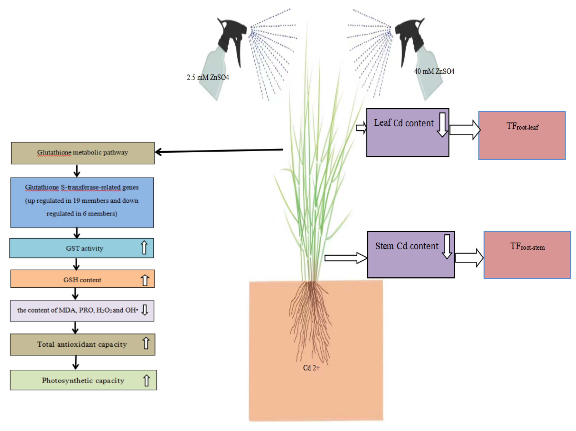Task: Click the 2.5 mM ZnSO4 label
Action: coord(208,78)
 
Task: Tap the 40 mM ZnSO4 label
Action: coord(434,71)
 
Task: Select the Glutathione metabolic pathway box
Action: coord(83,153)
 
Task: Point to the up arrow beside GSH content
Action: coord(145,280)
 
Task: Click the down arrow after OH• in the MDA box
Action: coord(145,310)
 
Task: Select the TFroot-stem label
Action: coord(527,246)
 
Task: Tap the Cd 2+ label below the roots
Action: coord(311,368)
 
